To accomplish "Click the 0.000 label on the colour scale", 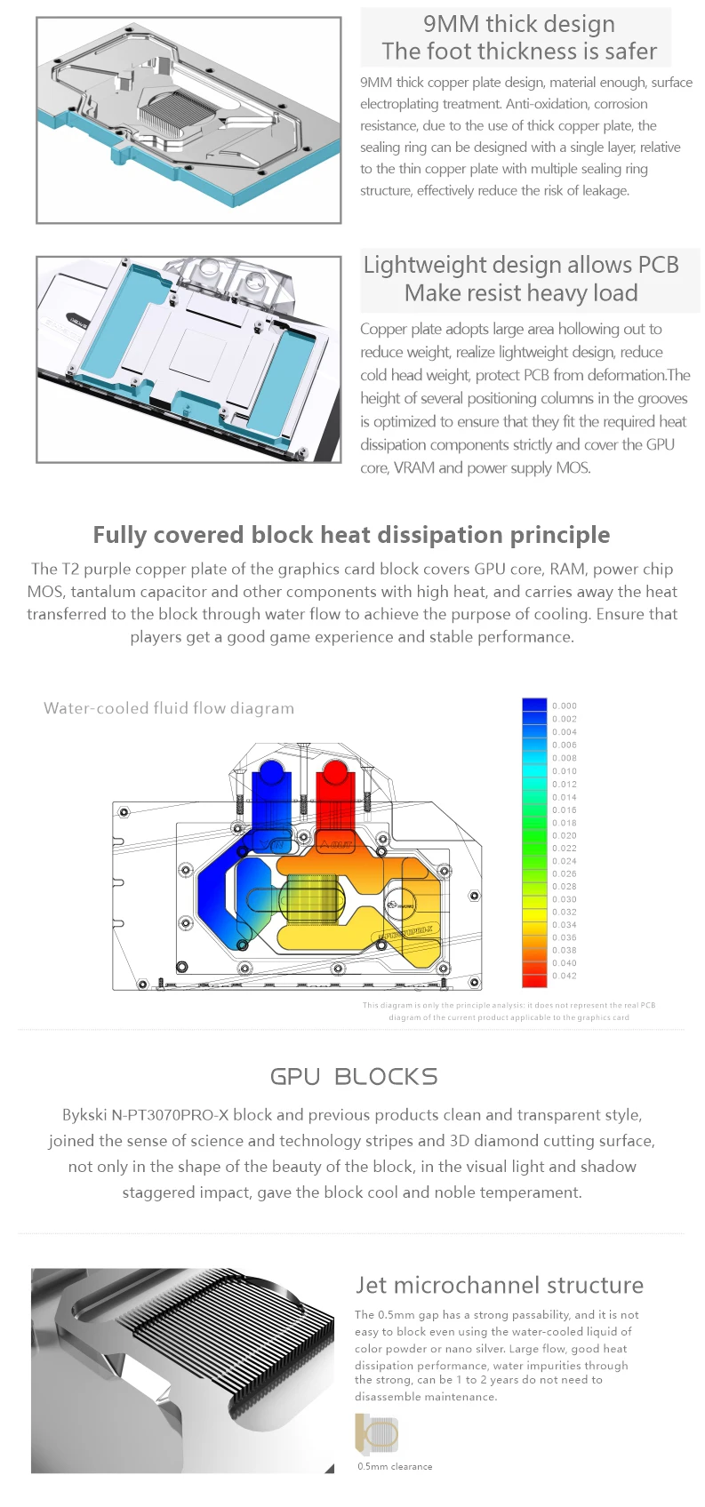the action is pos(564,706).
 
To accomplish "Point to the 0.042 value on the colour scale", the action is pos(564,976).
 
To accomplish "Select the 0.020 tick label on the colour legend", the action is pos(564,835).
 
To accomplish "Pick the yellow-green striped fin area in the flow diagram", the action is pos(310,897).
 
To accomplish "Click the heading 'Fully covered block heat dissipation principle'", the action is pos(351,535).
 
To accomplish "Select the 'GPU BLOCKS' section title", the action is pos(354,1077).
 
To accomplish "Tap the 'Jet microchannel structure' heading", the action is pos(499,1285).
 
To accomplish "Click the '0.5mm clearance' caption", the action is pos(395,1466).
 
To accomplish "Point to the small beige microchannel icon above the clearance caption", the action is pos(376,1434).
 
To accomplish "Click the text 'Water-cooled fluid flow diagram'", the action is pos(169,708).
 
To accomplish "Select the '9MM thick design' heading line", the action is pos(518,24).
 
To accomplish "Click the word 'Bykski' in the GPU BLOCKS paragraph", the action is pos(84,1114).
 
